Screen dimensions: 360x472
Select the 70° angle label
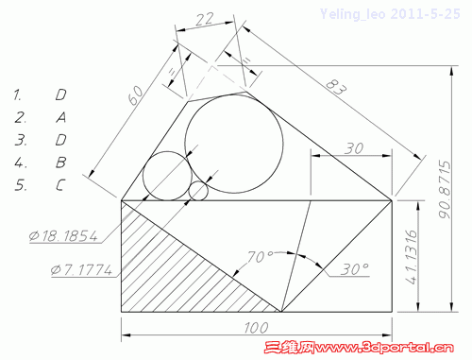click(261, 256)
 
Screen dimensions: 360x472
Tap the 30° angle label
click(354, 268)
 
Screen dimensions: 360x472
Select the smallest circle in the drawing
click(198, 191)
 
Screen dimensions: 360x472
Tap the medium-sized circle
click(167, 176)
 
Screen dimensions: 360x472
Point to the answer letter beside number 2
click(60, 117)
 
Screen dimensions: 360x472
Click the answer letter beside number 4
click(60, 162)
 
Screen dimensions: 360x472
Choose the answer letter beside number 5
click(60, 184)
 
